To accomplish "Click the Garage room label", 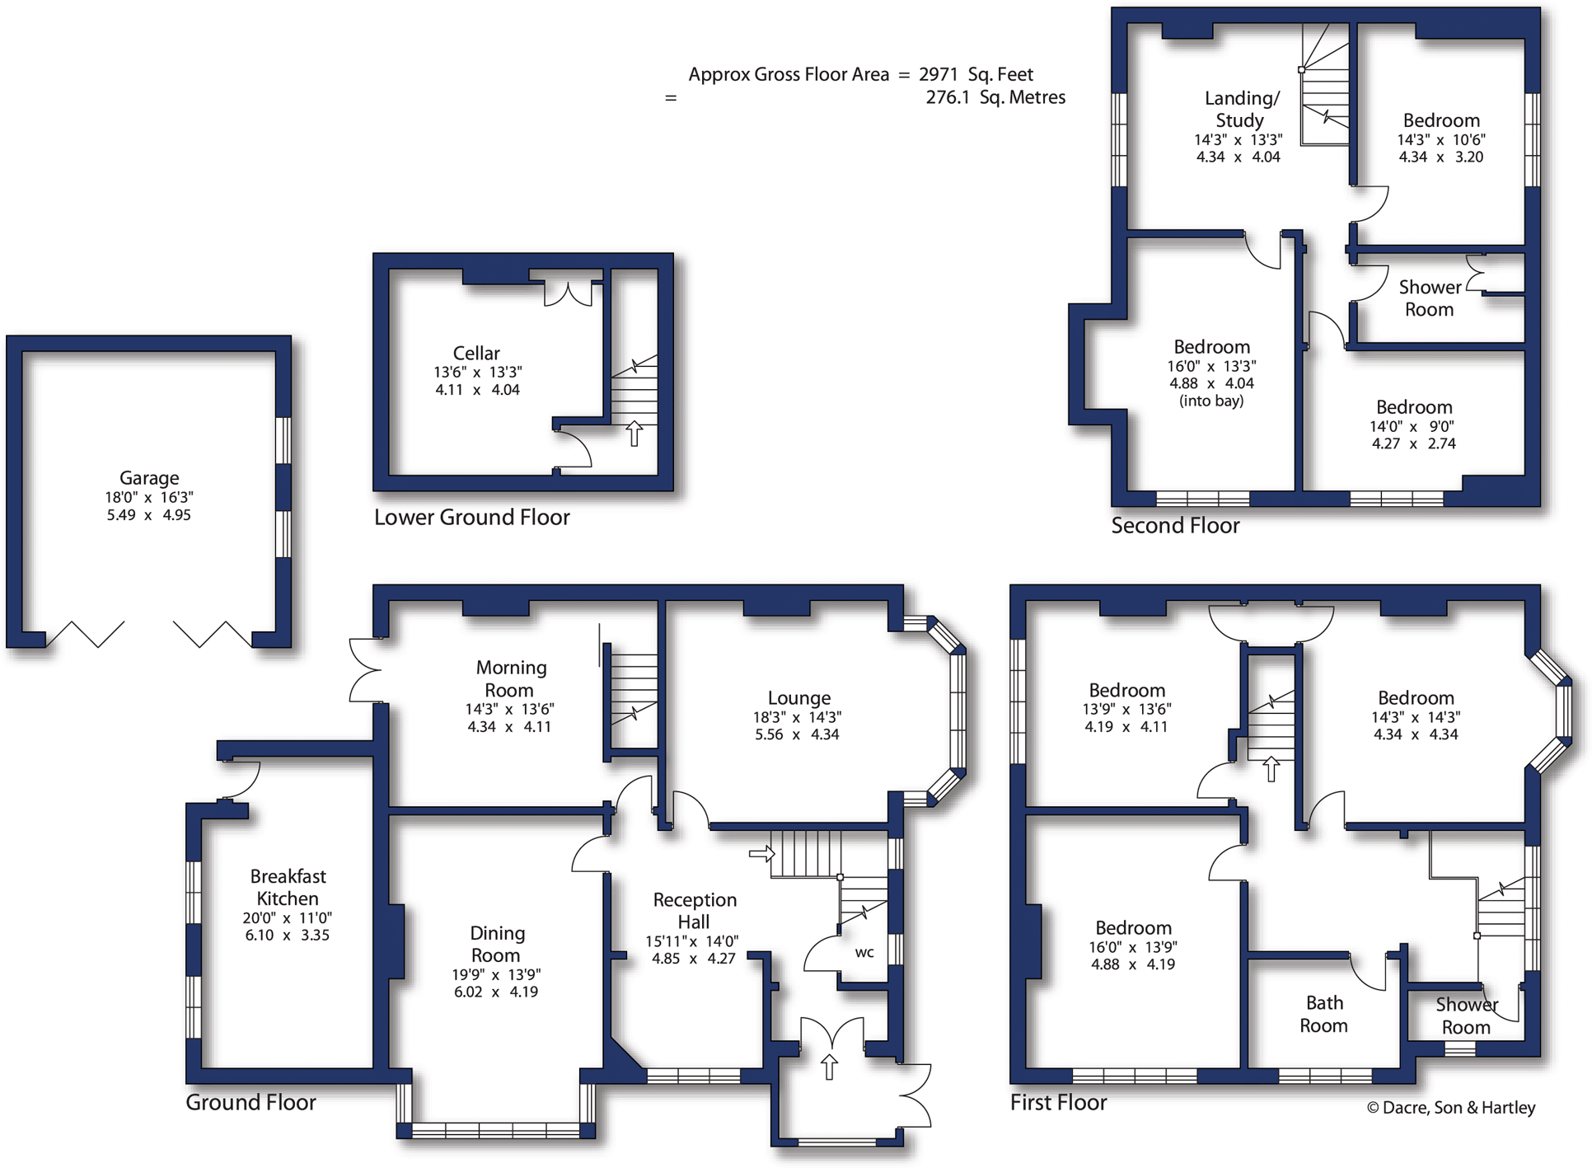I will (149, 478).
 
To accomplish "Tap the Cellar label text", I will (476, 353).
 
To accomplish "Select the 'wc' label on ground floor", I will (864, 953).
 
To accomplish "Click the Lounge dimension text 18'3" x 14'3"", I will (797, 717).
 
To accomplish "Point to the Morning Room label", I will (511, 678).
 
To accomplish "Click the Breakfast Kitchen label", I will (288, 887).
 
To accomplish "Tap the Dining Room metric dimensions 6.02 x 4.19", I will (496, 992).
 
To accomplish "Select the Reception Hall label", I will (695, 911).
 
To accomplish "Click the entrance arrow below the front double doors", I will (829, 1067).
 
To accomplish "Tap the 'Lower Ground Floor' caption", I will (471, 518).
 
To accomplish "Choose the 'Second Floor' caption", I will (1175, 526).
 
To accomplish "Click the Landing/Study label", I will (1240, 109).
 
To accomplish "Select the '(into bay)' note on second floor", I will (1211, 401).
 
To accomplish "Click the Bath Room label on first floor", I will (1324, 1015).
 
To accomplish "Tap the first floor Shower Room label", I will (1466, 1016).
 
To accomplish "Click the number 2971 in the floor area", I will (938, 74).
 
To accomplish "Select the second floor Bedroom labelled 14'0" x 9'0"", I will (1414, 407).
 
